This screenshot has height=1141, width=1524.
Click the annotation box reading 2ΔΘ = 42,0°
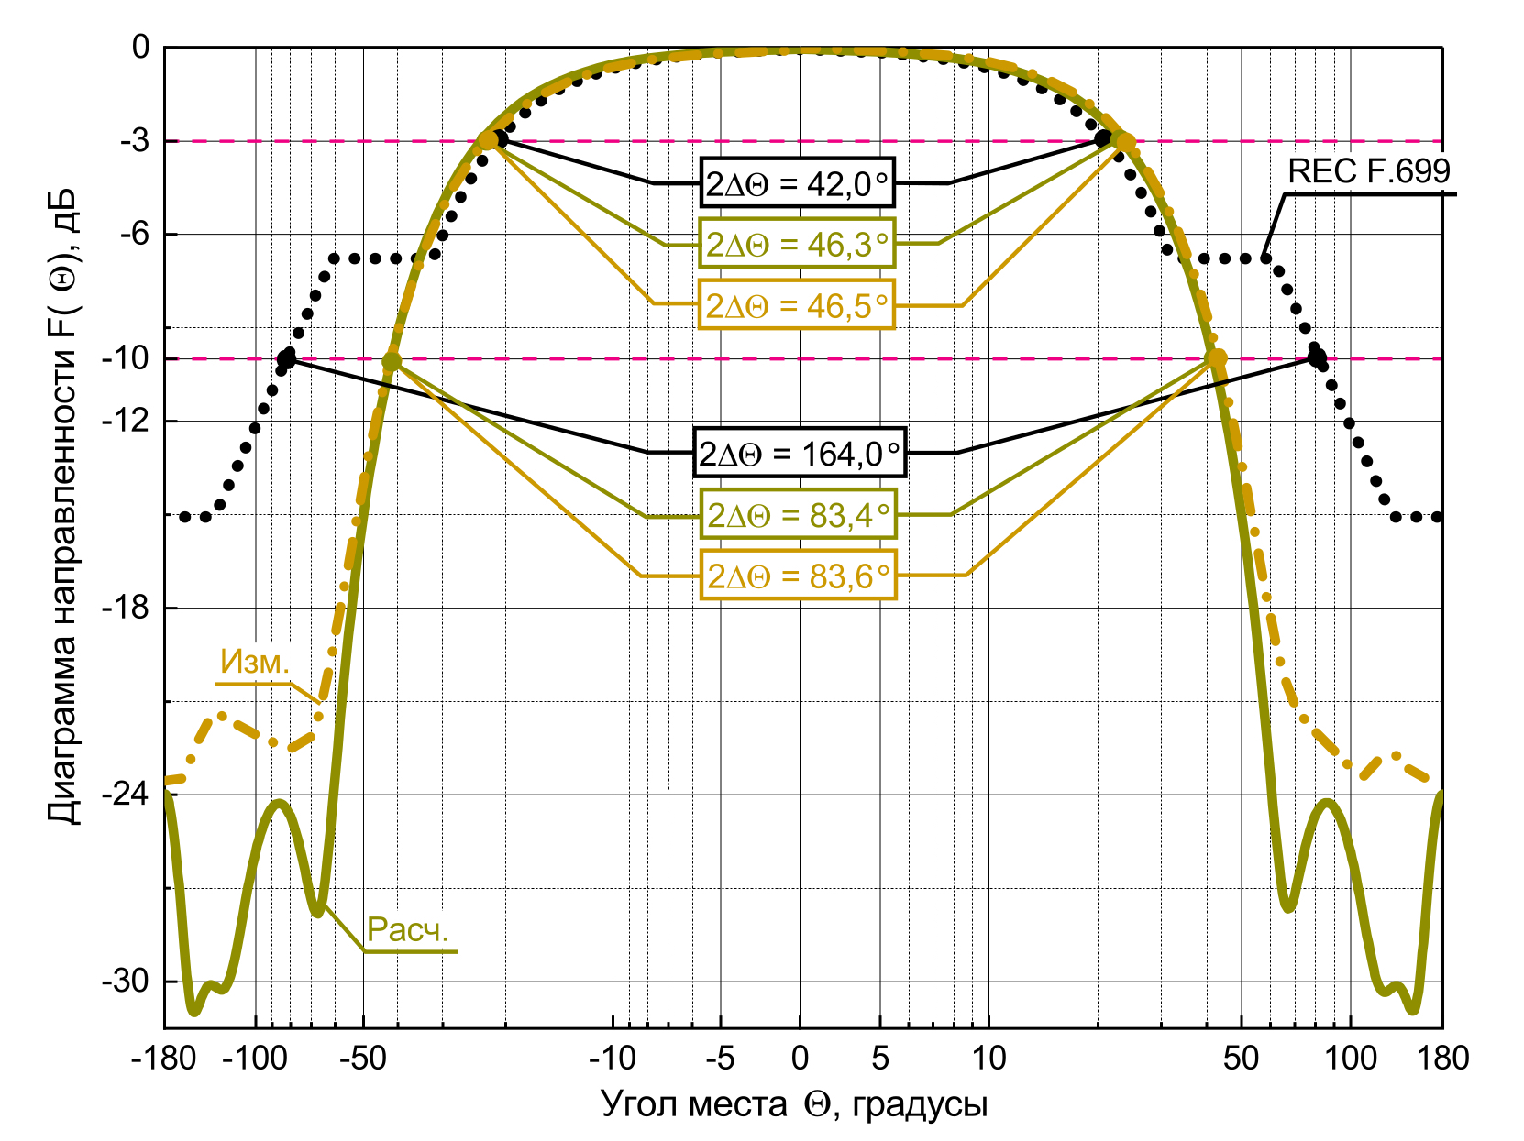point(797,184)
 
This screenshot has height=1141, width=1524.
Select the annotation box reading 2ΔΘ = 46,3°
point(797,244)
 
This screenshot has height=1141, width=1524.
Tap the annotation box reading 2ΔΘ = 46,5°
point(797,305)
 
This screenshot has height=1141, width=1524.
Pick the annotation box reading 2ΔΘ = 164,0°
point(800,453)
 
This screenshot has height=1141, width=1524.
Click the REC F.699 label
point(1369,171)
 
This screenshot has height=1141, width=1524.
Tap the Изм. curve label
point(255,662)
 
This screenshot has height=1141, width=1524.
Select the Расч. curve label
point(408,930)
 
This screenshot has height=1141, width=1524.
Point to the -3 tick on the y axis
point(134,141)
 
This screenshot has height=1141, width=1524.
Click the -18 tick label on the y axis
point(126,608)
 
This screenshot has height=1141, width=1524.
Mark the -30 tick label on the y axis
point(126,982)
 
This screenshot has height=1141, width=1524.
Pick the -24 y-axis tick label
point(126,795)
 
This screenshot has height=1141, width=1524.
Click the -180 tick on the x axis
point(164,1059)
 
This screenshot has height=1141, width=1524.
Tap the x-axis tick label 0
point(800,1059)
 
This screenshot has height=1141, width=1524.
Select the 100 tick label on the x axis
point(1351,1059)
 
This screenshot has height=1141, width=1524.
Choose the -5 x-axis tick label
point(720,1059)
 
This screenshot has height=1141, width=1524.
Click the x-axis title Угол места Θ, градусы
point(794,1104)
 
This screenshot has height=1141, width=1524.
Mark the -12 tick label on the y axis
point(126,421)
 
